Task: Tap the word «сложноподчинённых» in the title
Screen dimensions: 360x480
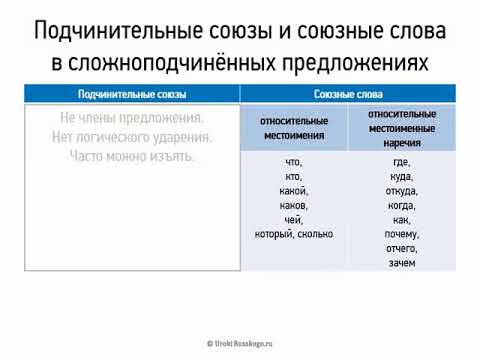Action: (195, 63)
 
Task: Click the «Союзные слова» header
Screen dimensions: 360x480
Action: (347, 94)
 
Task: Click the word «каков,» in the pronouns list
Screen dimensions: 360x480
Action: (294, 205)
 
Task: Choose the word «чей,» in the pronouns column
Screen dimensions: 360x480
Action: (294, 219)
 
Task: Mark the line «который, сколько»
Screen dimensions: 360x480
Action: (294, 234)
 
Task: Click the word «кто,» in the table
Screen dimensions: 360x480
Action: (294, 176)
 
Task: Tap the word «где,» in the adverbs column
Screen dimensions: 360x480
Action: (400, 162)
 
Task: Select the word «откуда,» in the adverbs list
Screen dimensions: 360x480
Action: (401, 191)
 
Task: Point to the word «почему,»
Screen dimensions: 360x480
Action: (401, 234)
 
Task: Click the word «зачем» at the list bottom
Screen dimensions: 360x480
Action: (401, 263)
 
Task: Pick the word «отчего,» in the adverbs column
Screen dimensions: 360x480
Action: (401, 248)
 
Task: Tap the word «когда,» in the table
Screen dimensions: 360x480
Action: (401, 205)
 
